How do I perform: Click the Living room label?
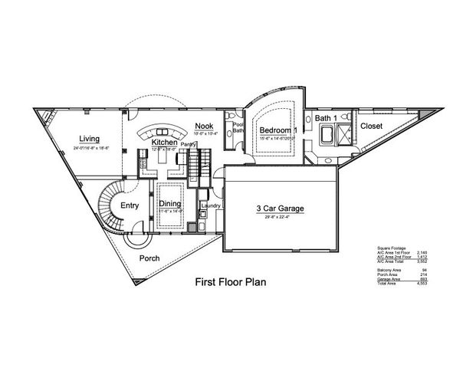(x=90, y=139)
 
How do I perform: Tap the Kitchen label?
(x=164, y=143)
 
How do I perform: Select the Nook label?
(x=203, y=126)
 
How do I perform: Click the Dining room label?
(x=169, y=203)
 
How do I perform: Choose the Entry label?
(x=130, y=205)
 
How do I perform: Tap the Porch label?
(x=149, y=258)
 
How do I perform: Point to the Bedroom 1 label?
(x=277, y=131)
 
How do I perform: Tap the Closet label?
(x=372, y=126)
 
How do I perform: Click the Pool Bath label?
(x=238, y=127)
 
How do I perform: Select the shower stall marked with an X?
(x=346, y=135)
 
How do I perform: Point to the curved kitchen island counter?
(x=161, y=130)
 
